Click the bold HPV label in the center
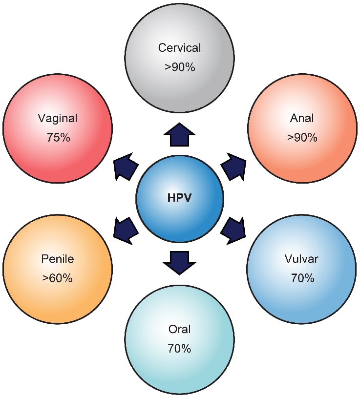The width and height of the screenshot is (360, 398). click(x=179, y=197)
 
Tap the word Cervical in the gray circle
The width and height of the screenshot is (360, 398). click(x=179, y=48)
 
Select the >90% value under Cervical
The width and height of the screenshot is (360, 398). click(x=180, y=67)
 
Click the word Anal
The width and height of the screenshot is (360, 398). click(x=302, y=118)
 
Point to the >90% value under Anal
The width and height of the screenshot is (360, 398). click(x=302, y=137)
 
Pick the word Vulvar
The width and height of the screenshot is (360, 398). click(x=301, y=259)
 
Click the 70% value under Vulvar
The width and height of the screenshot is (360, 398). click(x=303, y=278)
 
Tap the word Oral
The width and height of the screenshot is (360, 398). click(x=179, y=329)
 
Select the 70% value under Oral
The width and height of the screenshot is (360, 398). click(x=179, y=349)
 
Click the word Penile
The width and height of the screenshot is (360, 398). click(x=58, y=259)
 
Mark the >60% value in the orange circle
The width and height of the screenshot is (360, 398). click(x=58, y=278)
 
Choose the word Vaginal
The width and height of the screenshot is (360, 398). click(x=58, y=118)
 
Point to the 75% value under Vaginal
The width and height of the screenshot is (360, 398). click(x=58, y=137)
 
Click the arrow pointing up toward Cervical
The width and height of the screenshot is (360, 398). click(x=179, y=135)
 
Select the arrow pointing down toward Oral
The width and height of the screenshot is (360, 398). click(x=179, y=262)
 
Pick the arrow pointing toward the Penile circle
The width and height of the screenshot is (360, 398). click(x=126, y=230)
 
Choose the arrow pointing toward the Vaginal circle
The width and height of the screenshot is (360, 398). click(x=126, y=167)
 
